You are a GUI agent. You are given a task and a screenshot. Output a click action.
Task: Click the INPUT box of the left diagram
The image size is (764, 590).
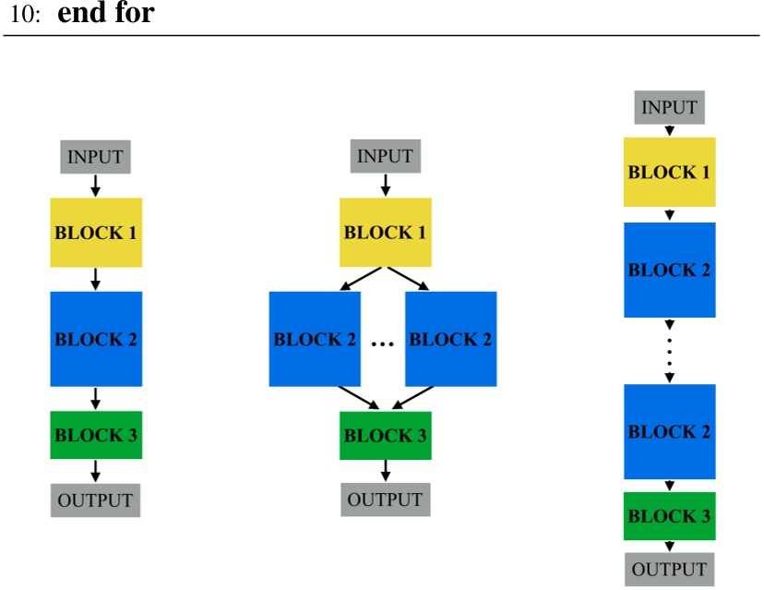[95, 156]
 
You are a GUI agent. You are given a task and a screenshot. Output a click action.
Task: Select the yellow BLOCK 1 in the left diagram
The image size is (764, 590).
[95, 232]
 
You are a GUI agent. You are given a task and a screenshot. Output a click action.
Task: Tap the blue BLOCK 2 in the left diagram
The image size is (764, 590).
[95, 338]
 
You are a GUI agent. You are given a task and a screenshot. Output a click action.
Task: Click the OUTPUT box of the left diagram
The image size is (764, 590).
[95, 500]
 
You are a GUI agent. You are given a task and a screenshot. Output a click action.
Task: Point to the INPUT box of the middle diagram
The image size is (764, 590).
[385, 156]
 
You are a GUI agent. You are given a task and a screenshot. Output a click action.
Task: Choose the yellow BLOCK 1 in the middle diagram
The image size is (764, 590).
[385, 232]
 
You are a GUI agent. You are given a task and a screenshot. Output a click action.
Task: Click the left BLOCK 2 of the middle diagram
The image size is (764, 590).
[315, 339]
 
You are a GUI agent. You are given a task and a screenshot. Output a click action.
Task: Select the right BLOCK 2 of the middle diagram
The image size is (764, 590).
[450, 339]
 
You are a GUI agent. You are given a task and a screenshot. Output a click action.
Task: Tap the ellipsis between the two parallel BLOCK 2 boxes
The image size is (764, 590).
[382, 344]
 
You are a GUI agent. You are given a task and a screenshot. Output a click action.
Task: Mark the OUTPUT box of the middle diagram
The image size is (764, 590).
[385, 500]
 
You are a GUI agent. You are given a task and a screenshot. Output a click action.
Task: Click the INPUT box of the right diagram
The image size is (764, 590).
[669, 107]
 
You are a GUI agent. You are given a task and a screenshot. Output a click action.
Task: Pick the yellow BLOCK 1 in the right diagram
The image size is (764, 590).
[669, 172]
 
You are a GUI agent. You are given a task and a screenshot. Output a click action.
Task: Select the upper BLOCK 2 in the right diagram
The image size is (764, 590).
[669, 270]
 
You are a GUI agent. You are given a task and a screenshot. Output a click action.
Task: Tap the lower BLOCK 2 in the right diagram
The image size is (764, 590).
[669, 431]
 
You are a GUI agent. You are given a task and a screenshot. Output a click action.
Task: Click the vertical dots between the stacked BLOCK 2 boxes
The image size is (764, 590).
[670, 350]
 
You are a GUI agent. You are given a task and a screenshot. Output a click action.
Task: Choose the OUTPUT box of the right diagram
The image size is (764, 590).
[669, 569]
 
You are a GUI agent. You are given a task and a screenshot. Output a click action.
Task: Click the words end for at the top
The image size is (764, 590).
[112, 15]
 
